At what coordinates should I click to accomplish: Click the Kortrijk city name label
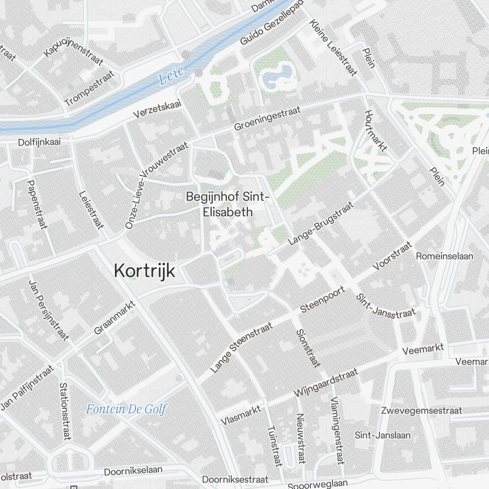(x=144, y=270)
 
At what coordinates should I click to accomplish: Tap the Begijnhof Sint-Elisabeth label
(x=227, y=204)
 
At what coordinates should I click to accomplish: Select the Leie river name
(x=171, y=75)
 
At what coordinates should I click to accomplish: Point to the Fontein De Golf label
(x=126, y=409)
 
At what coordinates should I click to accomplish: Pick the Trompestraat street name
(x=89, y=89)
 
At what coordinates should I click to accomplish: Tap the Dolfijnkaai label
(x=39, y=142)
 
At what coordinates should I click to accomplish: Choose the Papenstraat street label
(x=37, y=204)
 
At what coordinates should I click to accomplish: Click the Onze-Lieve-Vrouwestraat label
(x=156, y=185)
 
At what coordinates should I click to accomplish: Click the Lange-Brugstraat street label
(x=320, y=223)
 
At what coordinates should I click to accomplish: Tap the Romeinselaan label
(x=445, y=256)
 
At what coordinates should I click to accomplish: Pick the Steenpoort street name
(x=323, y=299)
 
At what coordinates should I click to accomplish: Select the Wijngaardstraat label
(x=326, y=382)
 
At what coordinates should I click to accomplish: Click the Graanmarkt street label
(x=114, y=317)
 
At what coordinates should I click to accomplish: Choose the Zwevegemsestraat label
(x=422, y=410)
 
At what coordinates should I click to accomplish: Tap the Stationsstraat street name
(x=65, y=411)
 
